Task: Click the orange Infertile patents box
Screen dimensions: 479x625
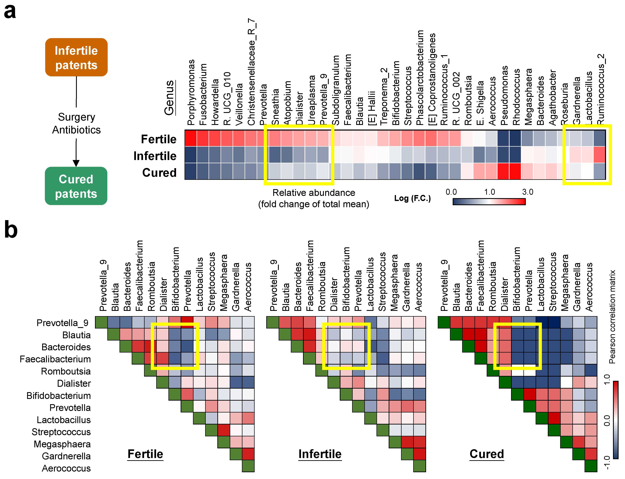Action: click(76, 57)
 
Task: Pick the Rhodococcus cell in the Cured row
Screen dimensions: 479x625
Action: click(515, 171)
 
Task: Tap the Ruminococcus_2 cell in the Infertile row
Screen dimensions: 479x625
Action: click(599, 155)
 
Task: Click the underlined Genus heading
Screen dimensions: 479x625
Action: click(169, 98)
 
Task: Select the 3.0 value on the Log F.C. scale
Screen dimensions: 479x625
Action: click(527, 192)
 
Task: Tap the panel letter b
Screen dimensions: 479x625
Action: click(11, 230)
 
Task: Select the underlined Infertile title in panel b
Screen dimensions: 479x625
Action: click(320, 454)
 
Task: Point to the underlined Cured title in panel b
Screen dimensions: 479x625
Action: click(487, 454)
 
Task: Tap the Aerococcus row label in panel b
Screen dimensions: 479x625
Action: click(66, 468)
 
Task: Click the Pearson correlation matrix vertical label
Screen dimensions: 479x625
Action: click(612, 316)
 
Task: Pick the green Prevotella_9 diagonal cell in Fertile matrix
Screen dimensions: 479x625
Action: click(101, 322)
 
